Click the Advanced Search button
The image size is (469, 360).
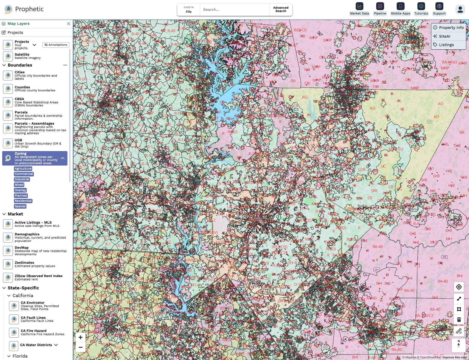click(x=281, y=10)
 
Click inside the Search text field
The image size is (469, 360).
click(x=234, y=10)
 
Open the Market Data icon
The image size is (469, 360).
click(x=359, y=6)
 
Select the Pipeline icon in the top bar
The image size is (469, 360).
click(x=380, y=6)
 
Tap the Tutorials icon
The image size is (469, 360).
click(x=421, y=6)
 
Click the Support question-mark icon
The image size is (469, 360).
click(x=439, y=6)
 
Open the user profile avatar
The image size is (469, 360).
click(x=460, y=10)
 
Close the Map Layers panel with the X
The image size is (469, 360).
click(x=69, y=24)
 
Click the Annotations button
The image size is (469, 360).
click(x=56, y=45)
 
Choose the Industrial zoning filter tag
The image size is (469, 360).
click(x=22, y=179)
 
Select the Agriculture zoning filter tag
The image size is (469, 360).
click(x=23, y=169)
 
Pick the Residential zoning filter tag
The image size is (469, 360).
click(x=23, y=201)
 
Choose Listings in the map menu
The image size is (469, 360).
click(x=446, y=45)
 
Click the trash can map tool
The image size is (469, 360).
click(x=459, y=320)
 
